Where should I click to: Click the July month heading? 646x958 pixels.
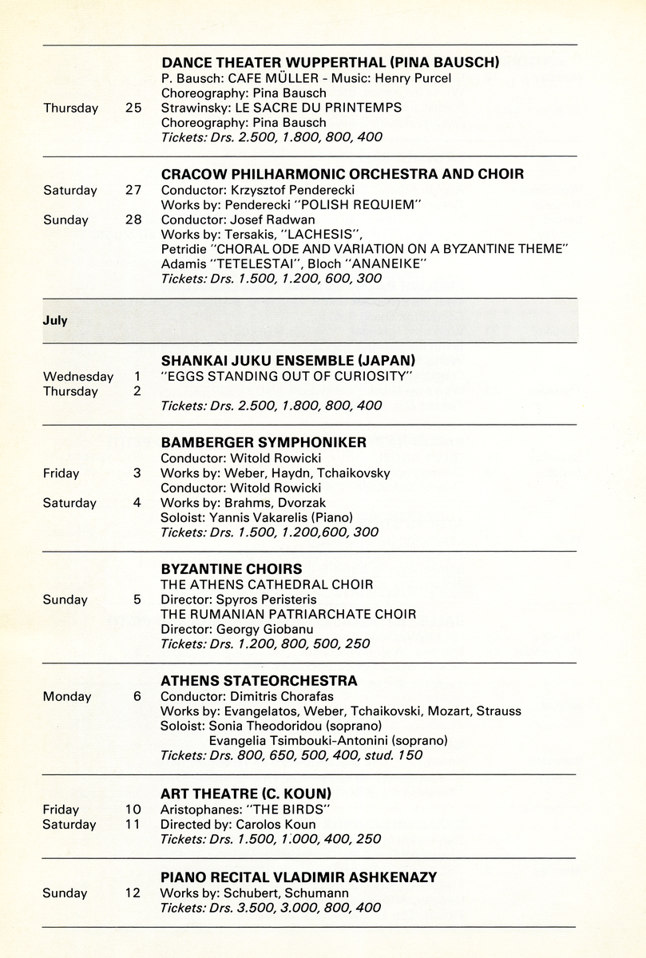[55, 320]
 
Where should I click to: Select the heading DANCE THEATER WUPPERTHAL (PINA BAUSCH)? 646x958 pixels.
[330, 62]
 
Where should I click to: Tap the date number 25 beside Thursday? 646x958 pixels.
[133, 108]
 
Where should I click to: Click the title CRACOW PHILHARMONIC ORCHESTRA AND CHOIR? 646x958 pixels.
[343, 174]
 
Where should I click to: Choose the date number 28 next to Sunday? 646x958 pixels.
[133, 220]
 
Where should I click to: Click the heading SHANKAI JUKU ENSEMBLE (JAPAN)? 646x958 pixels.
[288, 361]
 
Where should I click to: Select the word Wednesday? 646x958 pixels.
[78, 377]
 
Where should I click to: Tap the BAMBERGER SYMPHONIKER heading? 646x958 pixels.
[264, 442]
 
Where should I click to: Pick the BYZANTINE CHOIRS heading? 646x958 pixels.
[232, 569]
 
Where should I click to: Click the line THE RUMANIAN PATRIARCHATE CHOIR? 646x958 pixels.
[288, 615]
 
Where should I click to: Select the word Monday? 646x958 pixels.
[67, 697]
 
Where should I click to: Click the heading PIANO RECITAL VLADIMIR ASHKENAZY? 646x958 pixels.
[299, 877]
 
